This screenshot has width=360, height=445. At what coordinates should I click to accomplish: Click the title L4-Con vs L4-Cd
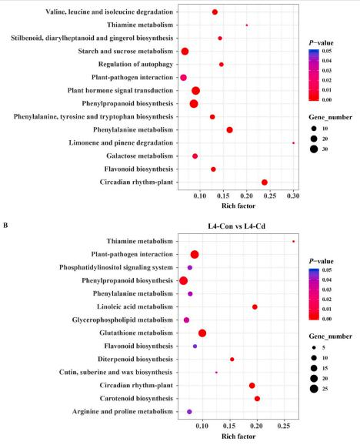click(237, 226)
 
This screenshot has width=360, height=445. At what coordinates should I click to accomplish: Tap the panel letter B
click(5, 226)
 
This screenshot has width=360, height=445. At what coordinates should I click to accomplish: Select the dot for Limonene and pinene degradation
click(293, 143)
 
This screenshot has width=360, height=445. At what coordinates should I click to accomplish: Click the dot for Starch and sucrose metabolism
click(185, 52)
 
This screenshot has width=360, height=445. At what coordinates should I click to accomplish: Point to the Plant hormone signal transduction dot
click(195, 91)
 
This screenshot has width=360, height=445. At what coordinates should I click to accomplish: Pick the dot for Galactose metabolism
click(195, 156)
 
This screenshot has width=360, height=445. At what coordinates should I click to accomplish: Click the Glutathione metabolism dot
click(202, 333)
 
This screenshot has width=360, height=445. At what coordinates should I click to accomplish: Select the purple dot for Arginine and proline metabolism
click(189, 412)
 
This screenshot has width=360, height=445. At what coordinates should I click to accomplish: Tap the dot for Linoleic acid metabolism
click(255, 307)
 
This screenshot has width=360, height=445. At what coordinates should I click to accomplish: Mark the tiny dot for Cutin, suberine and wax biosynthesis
click(216, 373)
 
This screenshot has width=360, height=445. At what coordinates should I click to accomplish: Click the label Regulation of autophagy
click(135, 65)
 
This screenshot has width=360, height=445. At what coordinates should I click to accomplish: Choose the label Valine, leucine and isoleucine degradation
click(109, 12)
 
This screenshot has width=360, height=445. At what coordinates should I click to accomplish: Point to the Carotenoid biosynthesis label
click(136, 399)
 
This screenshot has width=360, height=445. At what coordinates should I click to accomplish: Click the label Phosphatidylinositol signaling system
click(116, 267)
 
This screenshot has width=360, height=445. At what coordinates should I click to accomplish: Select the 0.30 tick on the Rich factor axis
click(293, 196)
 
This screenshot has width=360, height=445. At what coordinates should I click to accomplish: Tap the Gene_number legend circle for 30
click(314, 149)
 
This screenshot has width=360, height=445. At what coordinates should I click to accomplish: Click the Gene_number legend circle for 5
click(314, 348)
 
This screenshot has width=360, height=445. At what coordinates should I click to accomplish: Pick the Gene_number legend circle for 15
click(314, 368)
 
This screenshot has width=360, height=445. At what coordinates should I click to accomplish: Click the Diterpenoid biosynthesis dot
click(232, 360)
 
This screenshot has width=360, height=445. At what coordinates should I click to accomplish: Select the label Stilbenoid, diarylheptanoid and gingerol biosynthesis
click(92, 38)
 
